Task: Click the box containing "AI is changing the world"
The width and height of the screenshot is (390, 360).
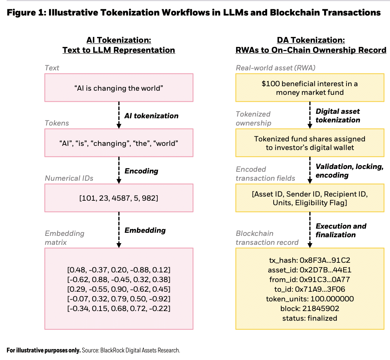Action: pos(119,88)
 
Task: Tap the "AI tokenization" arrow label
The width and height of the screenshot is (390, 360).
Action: pos(151,116)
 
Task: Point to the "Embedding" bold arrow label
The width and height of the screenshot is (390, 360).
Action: pos(145,230)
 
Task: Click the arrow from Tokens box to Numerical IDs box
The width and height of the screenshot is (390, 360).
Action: pos(119,170)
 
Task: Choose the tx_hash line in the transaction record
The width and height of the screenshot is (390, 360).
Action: pos(310,260)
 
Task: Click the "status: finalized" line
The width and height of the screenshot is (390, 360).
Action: pos(310,318)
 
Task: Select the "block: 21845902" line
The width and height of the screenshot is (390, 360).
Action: pos(310,309)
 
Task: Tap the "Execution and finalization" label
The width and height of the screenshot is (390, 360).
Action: pos(341,230)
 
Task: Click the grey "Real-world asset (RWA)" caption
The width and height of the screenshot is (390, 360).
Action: pos(275,68)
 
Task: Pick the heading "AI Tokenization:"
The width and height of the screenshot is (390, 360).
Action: pos(119,40)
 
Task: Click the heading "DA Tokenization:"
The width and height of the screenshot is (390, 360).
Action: pos(311,40)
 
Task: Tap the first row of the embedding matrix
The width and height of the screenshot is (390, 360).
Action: pos(119,270)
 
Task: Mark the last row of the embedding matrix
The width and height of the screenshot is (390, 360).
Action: pos(119,309)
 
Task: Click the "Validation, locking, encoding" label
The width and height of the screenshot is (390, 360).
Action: pos(350,171)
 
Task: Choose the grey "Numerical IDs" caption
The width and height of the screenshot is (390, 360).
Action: pos(69,178)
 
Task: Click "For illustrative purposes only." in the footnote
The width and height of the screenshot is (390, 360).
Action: pos(43,350)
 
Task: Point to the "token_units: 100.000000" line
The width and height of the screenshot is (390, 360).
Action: pos(310,299)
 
